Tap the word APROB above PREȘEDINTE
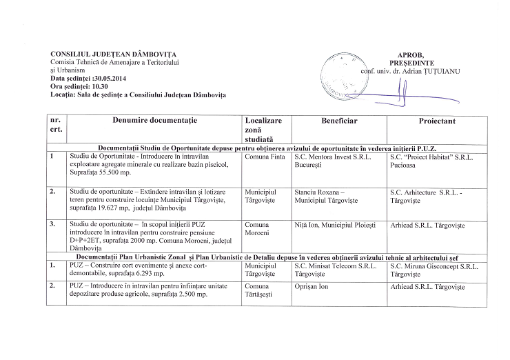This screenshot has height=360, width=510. (x=411, y=54)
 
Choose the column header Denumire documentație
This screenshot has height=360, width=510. (x=154, y=121)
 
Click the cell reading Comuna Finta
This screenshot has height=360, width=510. (x=265, y=157)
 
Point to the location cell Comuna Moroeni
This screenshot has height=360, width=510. (x=260, y=229)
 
